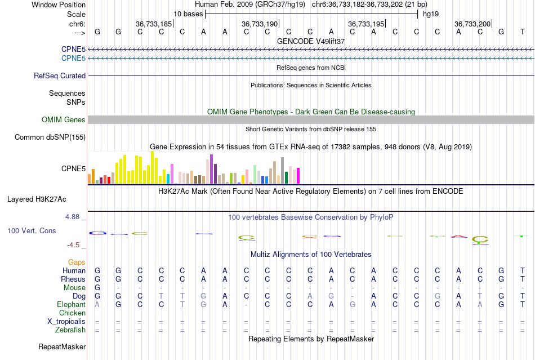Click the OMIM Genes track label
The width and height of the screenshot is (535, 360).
(64, 119)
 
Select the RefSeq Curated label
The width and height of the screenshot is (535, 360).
(60, 75)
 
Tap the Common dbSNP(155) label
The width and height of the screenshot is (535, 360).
(50, 137)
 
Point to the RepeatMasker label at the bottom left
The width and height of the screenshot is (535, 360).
(62, 346)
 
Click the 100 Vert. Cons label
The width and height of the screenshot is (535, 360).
(32, 230)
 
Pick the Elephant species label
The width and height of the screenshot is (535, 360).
(71, 304)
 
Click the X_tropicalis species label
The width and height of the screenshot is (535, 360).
(66, 321)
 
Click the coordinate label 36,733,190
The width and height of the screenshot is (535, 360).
(260, 24)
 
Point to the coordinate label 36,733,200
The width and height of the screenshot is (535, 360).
(472, 24)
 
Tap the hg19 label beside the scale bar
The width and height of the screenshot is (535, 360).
(431, 14)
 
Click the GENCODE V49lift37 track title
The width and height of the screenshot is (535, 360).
(311, 41)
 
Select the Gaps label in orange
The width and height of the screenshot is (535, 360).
(77, 262)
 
